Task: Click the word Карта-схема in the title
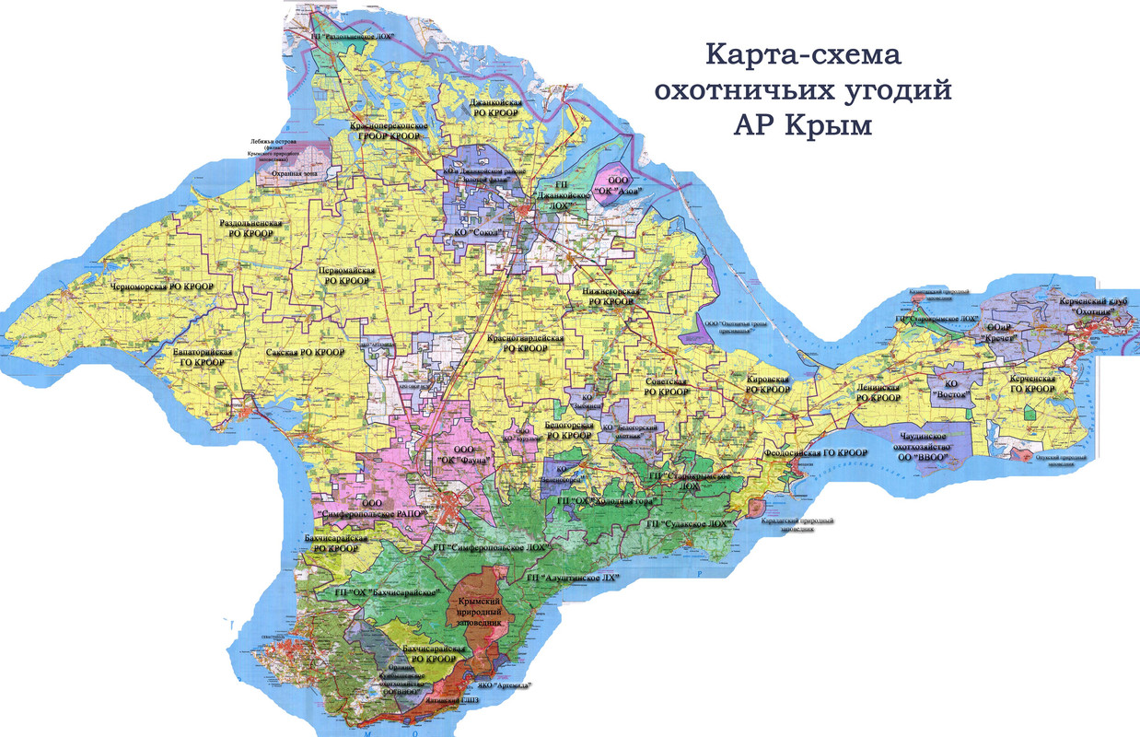pyautogui.click(x=803, y=54)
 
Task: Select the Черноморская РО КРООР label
pyautogui.click(x=162, y=287)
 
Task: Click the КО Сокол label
pyautogui.click(x=482, y=233)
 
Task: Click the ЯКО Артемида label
pyautogui.click(x=505, y=685)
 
